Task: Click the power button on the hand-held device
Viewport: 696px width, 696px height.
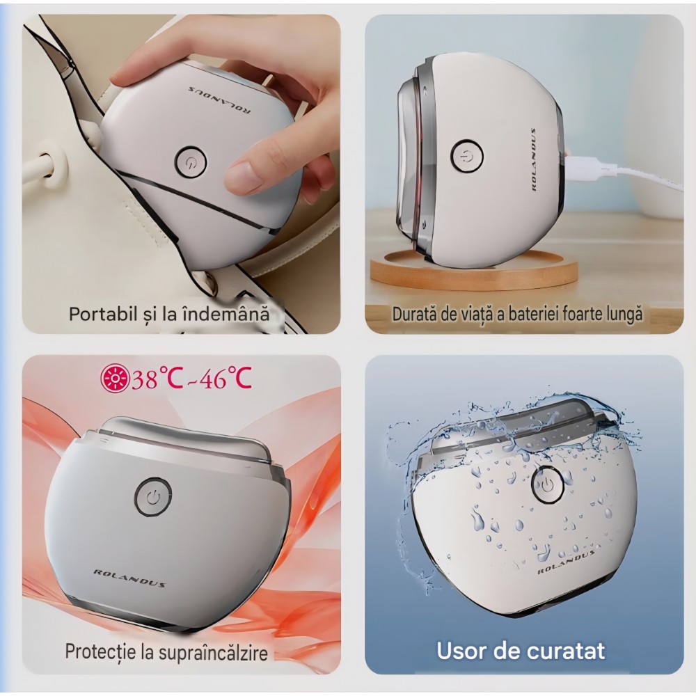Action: pyautogui.click(x=191, y=161)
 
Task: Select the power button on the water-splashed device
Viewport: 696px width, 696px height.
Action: pyautogui.click(x=547, y=484)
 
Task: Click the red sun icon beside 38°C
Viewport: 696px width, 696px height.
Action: pyautogui.click(x=115, y=379)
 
